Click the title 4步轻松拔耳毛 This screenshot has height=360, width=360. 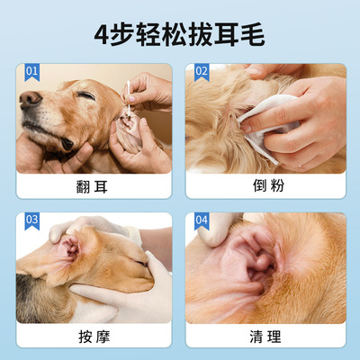tap(179, 36)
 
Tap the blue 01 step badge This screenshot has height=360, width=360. tap(31, 72)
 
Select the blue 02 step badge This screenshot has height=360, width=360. tap(202, 72)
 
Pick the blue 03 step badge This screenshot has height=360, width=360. tap(31, 221)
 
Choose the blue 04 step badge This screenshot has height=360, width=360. tap(202, 221)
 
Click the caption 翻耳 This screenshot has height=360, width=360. tap(92, 187)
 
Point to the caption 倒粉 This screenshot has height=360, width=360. tap(268, 185)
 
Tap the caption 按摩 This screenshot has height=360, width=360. tap(94, 337)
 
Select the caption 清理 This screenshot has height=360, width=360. tap(265, 337)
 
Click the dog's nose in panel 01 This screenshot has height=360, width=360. tap(30, 99)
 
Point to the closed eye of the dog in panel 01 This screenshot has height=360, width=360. tap(85, 95)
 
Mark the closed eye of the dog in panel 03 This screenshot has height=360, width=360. tap(141, 263)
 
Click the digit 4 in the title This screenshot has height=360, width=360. tap(102, 36)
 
